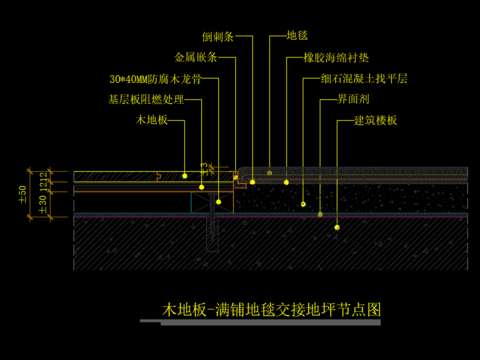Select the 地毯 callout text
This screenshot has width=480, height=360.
click(298, 36)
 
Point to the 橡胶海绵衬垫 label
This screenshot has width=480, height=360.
click(342, 58)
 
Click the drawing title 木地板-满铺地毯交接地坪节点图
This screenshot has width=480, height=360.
click(273, 310)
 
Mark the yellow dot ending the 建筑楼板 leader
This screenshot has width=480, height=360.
click(338, 228)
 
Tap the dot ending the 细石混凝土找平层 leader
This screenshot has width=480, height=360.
click(304, 203)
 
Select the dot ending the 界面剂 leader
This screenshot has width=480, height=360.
click(319, 214)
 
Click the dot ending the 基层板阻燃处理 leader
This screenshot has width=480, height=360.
click(201, 187)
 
